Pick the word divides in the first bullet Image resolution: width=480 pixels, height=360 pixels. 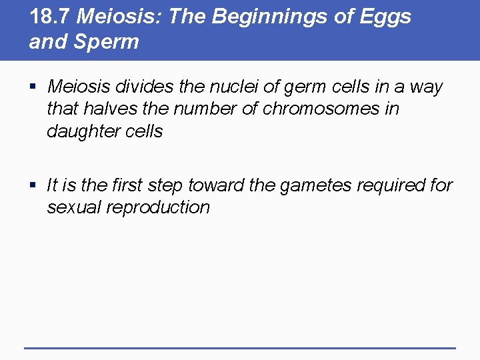click(x=141, y=87)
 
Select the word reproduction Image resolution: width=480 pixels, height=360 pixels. click(x=159, y=207)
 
